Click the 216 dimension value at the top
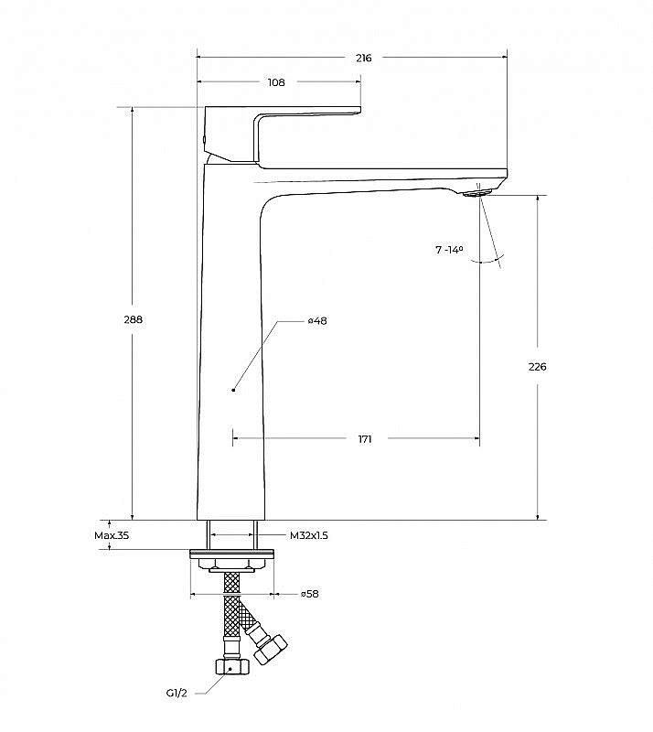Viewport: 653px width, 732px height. point(364,58)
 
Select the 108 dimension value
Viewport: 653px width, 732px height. point(276,82)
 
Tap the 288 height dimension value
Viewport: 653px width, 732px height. point(133,319)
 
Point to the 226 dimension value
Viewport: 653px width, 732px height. point(537,367)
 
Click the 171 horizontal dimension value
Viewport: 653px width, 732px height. point(365,439)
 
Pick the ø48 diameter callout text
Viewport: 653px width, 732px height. point(317,321)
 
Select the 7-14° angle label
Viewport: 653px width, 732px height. point(449,250)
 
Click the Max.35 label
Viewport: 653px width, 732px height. point(112,535)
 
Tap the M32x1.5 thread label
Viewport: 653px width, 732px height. point(309,535)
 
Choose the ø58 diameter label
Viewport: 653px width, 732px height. point(310,594)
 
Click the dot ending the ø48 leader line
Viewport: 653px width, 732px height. point(233,390)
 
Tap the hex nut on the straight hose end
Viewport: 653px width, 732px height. point(232,667)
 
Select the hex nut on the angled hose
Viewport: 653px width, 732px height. point(271,650)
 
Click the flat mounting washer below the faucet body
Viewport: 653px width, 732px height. point(231,554)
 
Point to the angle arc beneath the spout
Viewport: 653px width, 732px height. point(487,260)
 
